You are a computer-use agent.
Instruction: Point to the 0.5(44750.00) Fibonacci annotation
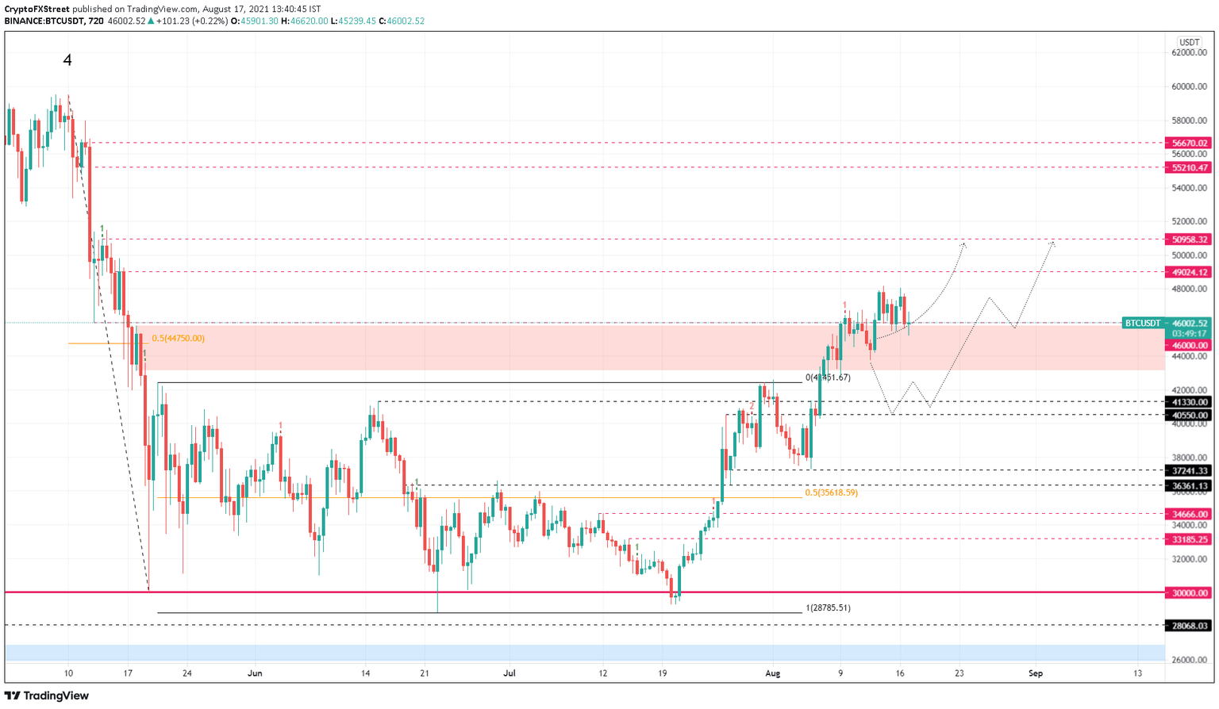(178, 339)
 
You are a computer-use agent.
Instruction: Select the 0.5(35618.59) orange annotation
(831, 492)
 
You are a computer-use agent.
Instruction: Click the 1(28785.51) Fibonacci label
(828, 608)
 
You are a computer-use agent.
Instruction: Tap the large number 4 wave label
(67, 60)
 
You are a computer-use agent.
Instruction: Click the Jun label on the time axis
(255, 673)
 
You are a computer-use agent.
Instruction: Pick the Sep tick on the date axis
(1035, 673)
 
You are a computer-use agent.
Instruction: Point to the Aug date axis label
(772, 673)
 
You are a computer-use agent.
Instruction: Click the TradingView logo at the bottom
(48, 696)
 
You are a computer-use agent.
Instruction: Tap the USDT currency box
(1189, 42)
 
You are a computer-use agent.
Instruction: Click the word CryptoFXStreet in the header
(37, 10)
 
